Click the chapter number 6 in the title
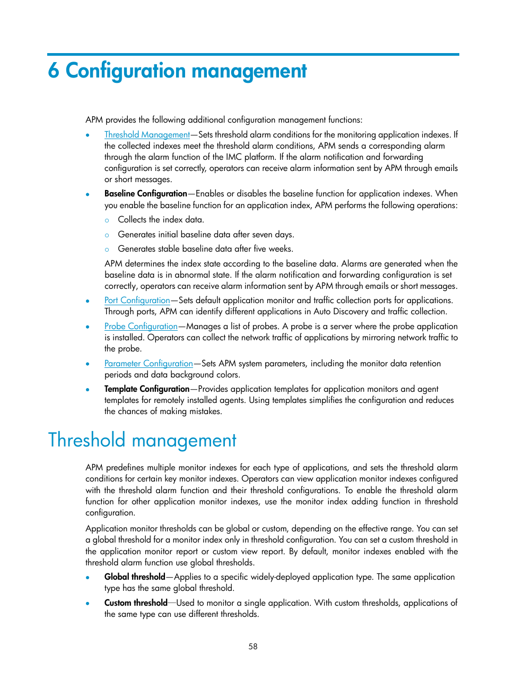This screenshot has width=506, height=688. click(53, 71)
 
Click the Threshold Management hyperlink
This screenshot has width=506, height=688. click(147, 135)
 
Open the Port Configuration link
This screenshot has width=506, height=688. click(137, 300)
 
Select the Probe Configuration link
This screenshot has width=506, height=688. click(141, 326)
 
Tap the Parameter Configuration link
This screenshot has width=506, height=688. click(149, 364)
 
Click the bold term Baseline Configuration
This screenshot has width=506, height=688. click(145, 194)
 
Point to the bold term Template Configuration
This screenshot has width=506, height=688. click(146, 389)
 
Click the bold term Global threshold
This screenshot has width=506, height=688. click(135, 577)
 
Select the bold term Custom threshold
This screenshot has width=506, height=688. click(136, 603)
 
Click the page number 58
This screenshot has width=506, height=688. click(253, 647)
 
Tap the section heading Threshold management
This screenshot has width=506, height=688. click(142, 441)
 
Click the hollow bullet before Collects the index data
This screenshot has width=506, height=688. click(107, 220)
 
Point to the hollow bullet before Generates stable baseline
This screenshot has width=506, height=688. click(107, 250)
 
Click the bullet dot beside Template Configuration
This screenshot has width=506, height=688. click(88, 390)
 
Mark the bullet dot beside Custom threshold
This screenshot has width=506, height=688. click(88, 604)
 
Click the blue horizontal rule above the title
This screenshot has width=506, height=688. click(253, 54)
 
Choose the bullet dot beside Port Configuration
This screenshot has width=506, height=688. click(88, 301)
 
